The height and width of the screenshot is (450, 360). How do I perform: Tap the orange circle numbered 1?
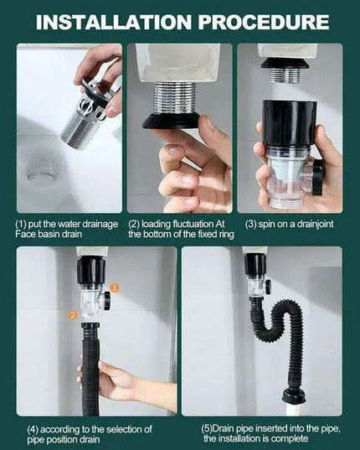(x=116, y=287)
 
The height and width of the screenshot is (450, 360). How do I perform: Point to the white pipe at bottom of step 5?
(x=296, y=409)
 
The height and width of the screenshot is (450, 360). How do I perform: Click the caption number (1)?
(x=23, y=225)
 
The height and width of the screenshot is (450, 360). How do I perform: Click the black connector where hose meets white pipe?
(x=295, y=394)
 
